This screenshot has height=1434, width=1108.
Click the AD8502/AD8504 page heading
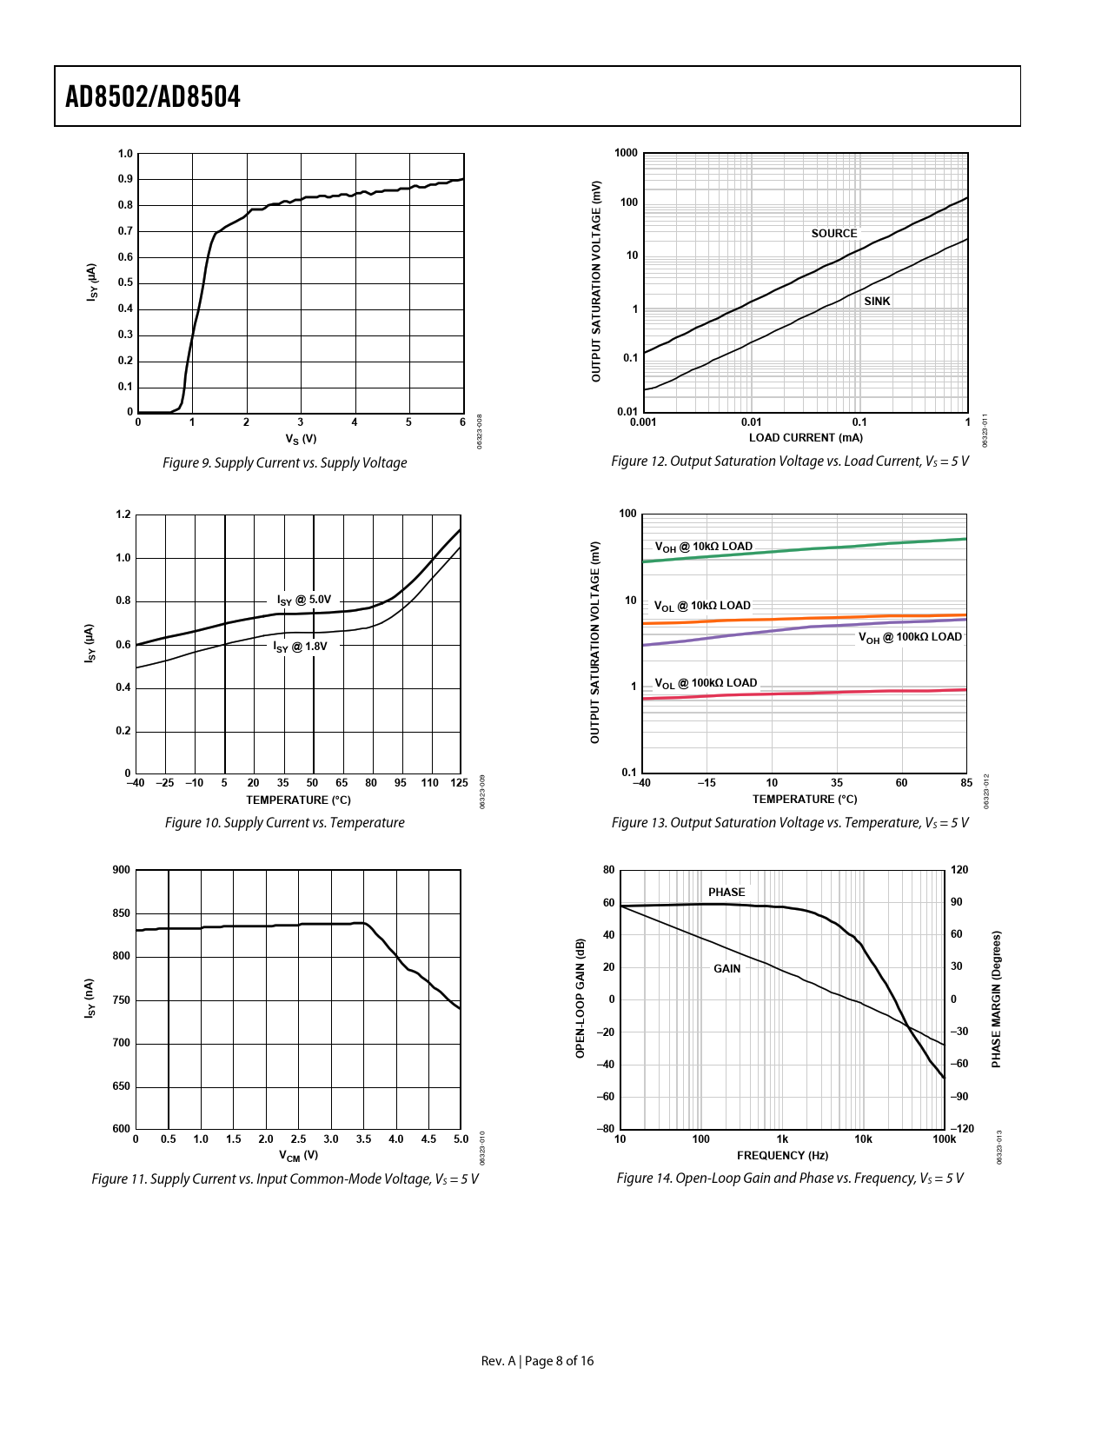coord(153,96)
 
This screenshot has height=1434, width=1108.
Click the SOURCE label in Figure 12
coord(833,234)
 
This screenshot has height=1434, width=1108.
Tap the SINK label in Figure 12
coord(877,302)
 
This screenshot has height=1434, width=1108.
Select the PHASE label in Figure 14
coord(727,893)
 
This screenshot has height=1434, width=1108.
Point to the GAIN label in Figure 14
coord(727,969)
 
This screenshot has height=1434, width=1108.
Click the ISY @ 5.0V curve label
coord(303,601)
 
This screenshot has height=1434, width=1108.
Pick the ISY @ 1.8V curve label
coord(300,647)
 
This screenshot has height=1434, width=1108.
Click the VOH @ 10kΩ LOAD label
coord(704,548)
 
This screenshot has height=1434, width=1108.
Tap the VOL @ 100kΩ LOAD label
coord(706,683)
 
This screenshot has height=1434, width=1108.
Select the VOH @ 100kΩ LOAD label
coord(910,638)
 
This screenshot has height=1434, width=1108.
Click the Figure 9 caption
coord(284,463)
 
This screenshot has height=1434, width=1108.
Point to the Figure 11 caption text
coord(284,1179)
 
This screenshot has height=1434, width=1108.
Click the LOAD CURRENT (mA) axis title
coord(806,438)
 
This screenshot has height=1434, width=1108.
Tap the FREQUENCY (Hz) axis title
coord(782,1156)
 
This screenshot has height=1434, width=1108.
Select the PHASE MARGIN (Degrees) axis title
coord(997,999)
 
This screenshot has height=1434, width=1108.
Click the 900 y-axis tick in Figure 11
coord(122,870)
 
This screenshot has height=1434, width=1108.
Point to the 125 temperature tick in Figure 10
coord(459,783)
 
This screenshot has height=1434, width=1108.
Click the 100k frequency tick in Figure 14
coord(944,1139)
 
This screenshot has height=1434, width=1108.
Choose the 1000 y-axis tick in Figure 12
coord(626,154)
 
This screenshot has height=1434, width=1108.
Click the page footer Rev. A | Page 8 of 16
coord(537,1361)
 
